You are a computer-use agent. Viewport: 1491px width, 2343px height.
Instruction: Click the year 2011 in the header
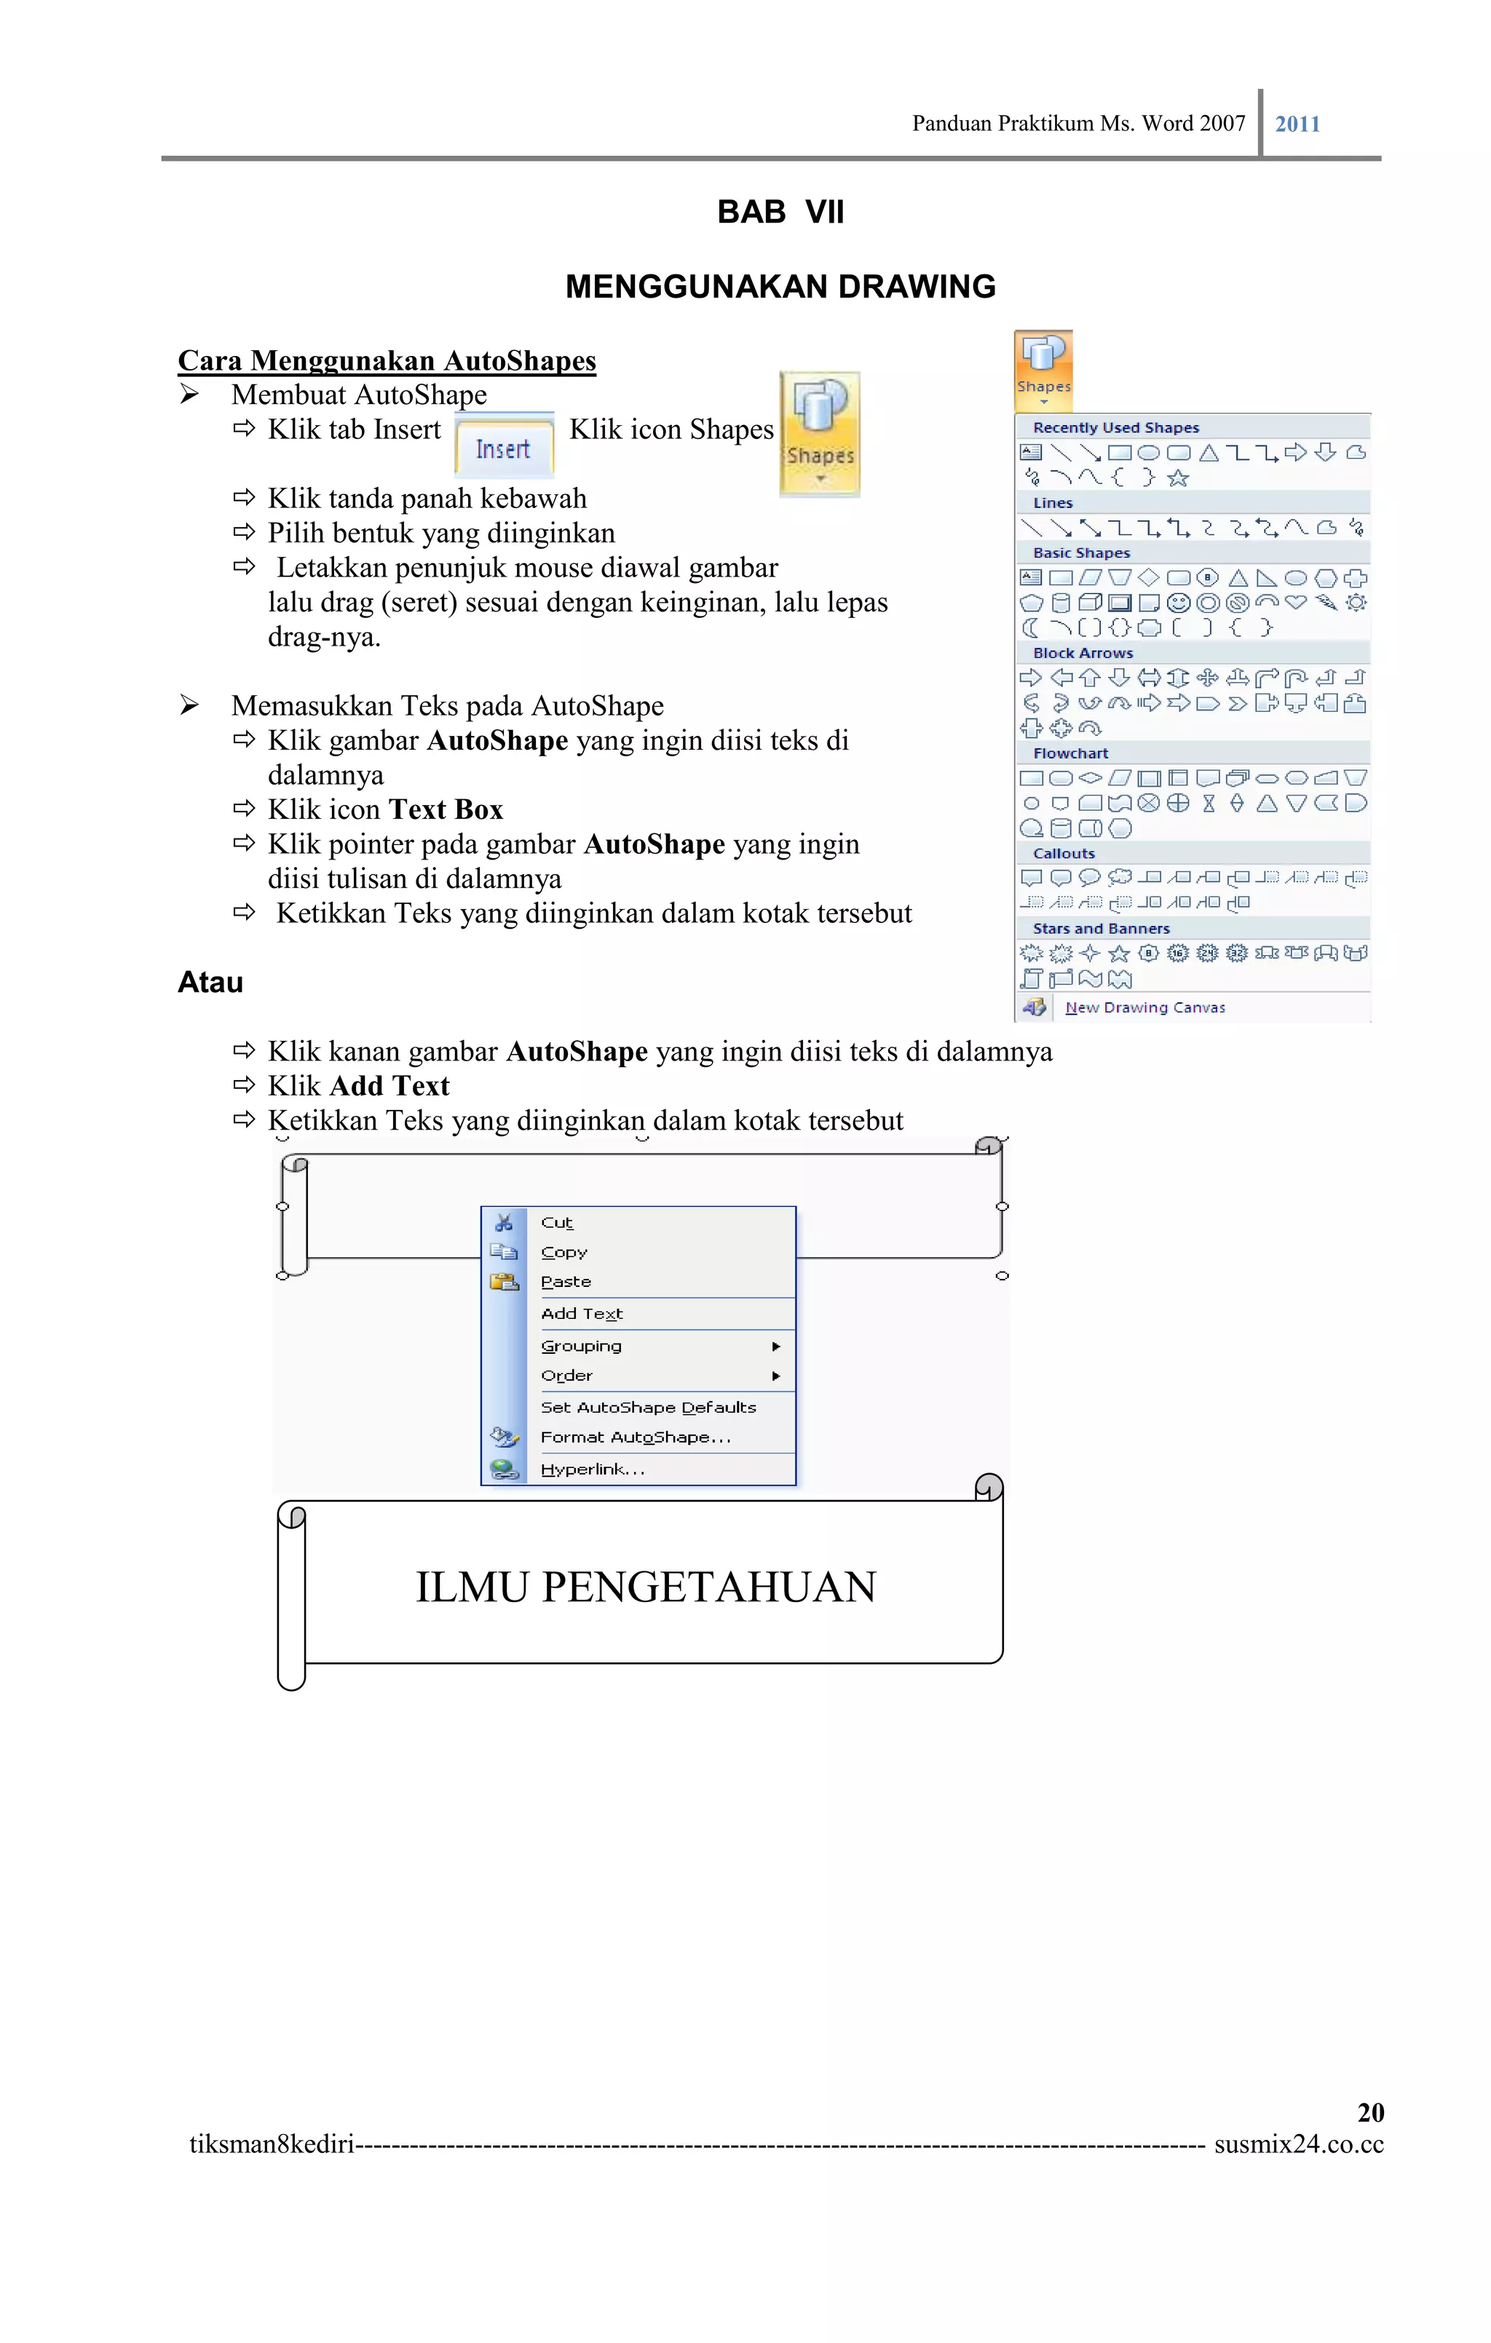pos(1297,124)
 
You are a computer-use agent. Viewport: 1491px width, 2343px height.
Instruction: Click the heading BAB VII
pos(780,211)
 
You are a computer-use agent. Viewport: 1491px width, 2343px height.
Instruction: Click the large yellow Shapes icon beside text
pos(820,433)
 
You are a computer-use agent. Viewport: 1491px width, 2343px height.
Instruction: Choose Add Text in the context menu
pos(581,1314)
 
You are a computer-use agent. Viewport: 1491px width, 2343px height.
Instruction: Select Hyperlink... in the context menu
pos(592,1470)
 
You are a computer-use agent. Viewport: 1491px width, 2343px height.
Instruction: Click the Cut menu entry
pos(557,1223)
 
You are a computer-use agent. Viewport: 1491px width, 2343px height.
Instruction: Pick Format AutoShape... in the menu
pos(635,1437)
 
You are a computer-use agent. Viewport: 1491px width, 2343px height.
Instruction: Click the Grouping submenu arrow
pos(775,1347)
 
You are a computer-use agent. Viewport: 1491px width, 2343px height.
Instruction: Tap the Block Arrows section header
pos(1083,653)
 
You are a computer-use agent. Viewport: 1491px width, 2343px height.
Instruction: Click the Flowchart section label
pos(1070,753)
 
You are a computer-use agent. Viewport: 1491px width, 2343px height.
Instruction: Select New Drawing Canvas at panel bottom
pos(1144,1008)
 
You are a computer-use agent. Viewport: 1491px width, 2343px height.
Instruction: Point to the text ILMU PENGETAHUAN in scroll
pos(645,1587)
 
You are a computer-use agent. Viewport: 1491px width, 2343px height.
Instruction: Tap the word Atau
pos(210,982)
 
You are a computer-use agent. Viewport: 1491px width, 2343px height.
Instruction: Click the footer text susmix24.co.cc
pos(1297,2144)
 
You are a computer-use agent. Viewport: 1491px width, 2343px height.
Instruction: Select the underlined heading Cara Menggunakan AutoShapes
pos(387,361)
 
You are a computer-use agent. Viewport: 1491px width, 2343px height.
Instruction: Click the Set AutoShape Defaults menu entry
pos(648,1407)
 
